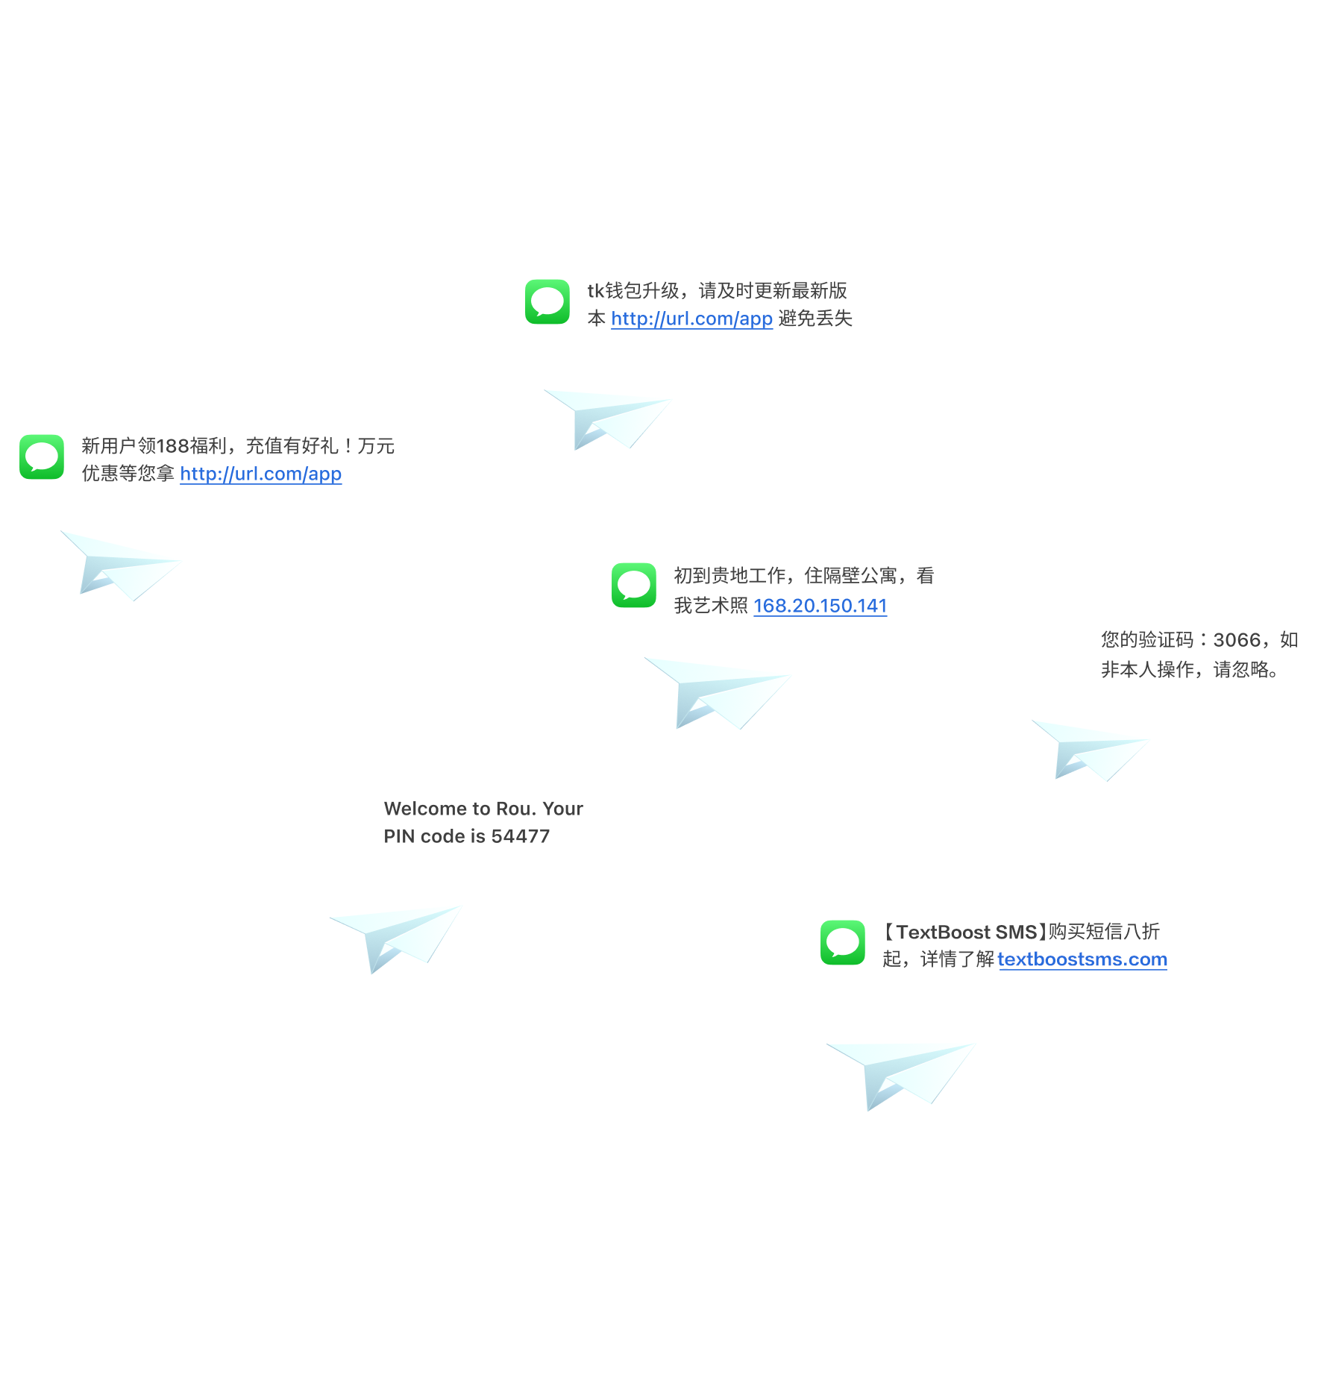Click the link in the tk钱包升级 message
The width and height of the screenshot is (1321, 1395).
pos(691,319)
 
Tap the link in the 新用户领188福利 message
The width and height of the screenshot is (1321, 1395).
pos(260,474)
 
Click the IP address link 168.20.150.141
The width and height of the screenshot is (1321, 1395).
pos(820,606)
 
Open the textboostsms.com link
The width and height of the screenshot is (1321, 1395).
pos(1082,959)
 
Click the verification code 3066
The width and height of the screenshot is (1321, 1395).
pos(1237,640)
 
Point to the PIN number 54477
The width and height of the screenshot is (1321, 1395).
pos(520,836)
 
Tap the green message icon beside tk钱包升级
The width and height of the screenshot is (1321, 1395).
pos(547,302)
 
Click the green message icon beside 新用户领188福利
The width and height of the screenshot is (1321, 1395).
pos(42,457)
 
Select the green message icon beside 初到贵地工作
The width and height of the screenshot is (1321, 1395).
pos(634,585)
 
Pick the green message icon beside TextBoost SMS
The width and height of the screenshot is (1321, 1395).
pos(843,943)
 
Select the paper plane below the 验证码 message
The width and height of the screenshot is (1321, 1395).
pos(1091,749)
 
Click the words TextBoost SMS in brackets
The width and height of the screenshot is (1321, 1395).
pos(966,932)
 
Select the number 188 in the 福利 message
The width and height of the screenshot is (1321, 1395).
pos(172,446)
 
